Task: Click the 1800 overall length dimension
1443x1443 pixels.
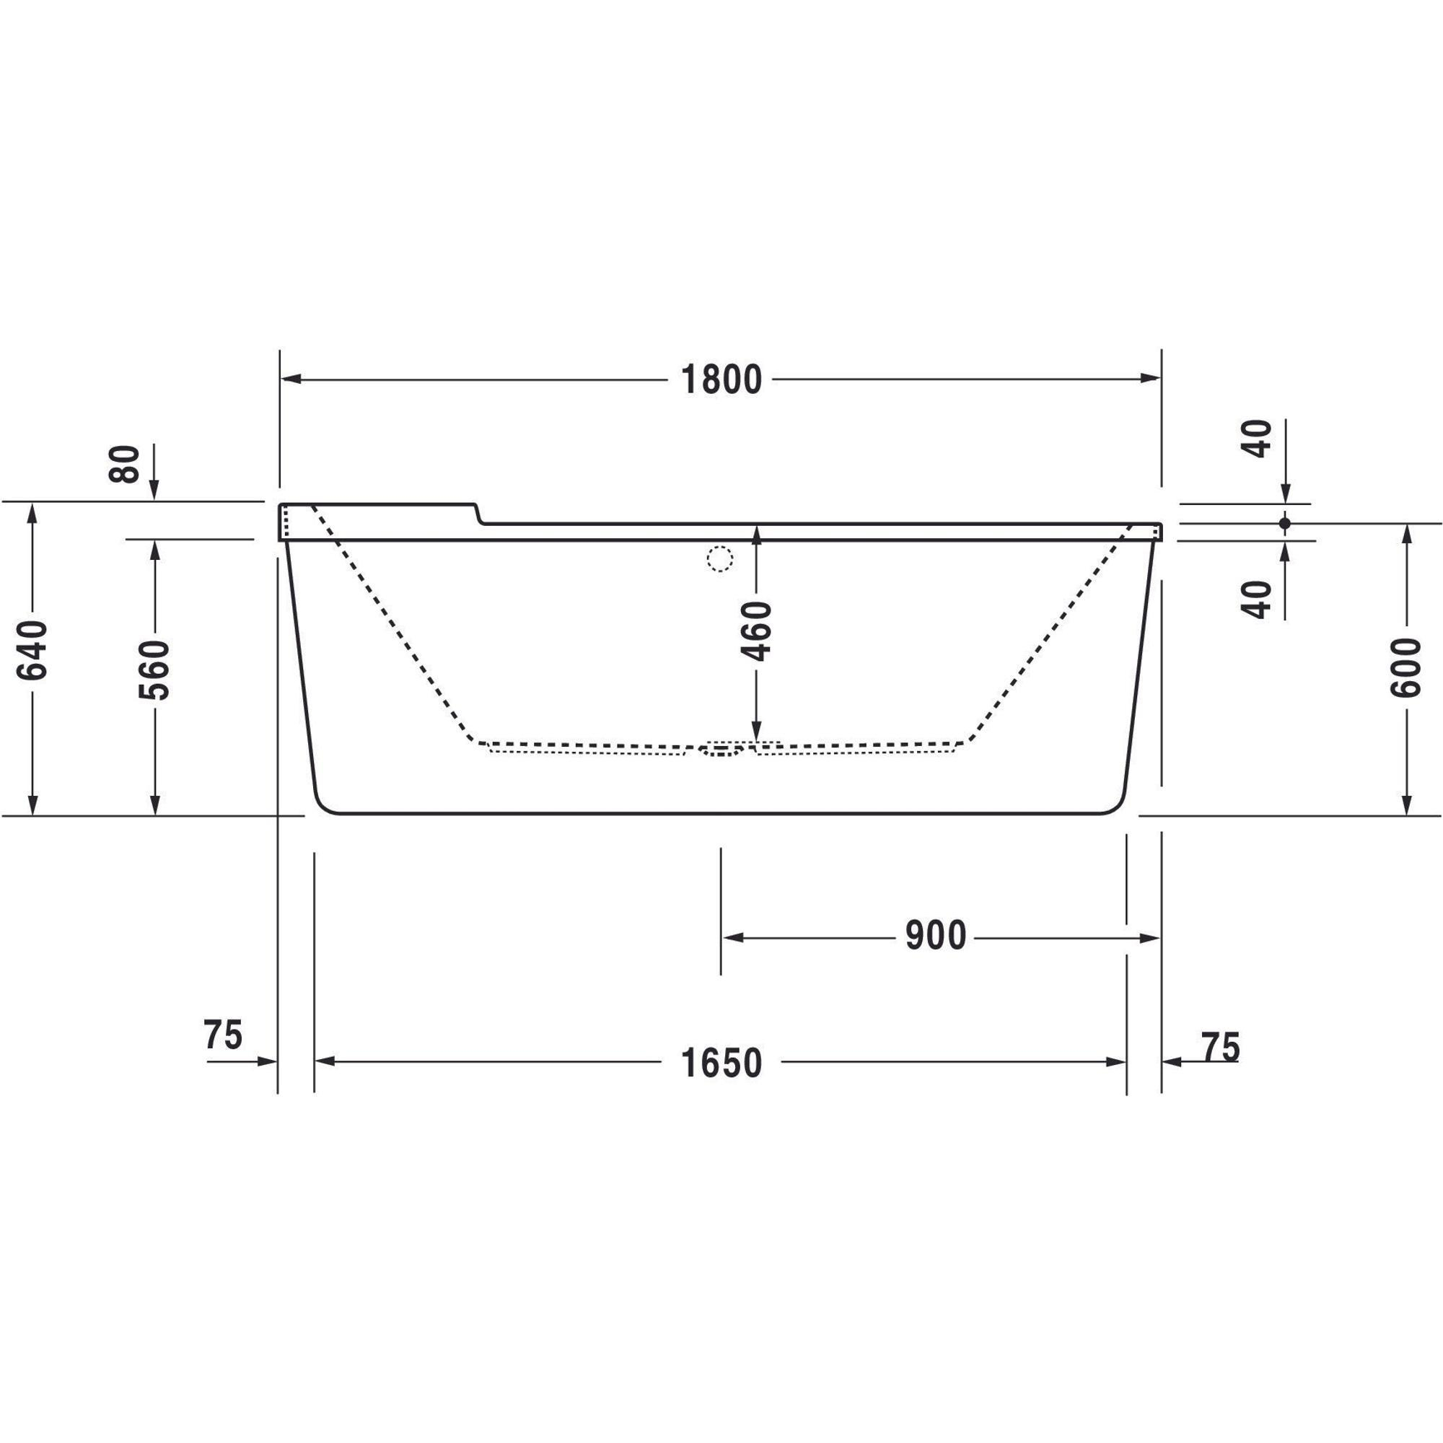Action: point(721,380)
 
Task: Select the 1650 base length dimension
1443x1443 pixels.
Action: point(721,1061)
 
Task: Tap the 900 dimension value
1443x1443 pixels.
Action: point(936,936)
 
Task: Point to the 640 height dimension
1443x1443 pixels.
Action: point(32,651)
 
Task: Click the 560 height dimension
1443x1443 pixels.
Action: point(154,670)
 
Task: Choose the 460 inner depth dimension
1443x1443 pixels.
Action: point(756,631)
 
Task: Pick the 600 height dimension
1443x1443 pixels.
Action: point(1405,667)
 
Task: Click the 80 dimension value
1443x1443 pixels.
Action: point(125,464)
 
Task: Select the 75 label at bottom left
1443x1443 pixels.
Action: point(222,1035)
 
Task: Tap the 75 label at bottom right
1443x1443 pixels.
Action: point(1221,1046)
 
